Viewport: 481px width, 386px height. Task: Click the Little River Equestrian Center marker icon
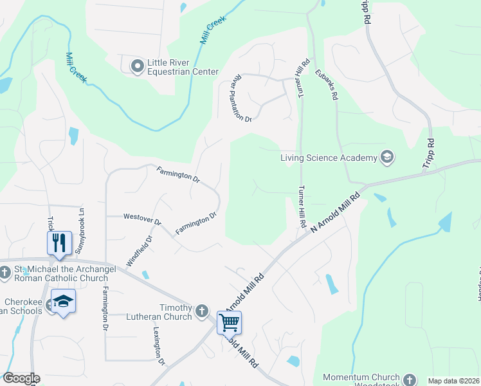tap(137, 66)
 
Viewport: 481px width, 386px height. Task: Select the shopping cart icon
tap(229, 322)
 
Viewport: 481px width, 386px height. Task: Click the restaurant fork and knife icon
tap(59, 243)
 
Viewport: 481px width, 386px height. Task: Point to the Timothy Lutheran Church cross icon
tap(202, 311)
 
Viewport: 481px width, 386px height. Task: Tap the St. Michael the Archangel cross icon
tap(5, 273)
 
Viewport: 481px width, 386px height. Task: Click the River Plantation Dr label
tap(242, 98)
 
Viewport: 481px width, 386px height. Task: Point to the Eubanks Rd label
tap(326, 85)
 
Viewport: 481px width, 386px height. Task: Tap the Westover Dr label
tap(142, 219)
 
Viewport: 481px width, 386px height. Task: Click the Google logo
tap(21, 378)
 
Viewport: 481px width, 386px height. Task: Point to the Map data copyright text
tap(454, 381)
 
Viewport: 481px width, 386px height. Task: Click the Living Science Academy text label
tap(328, 158)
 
